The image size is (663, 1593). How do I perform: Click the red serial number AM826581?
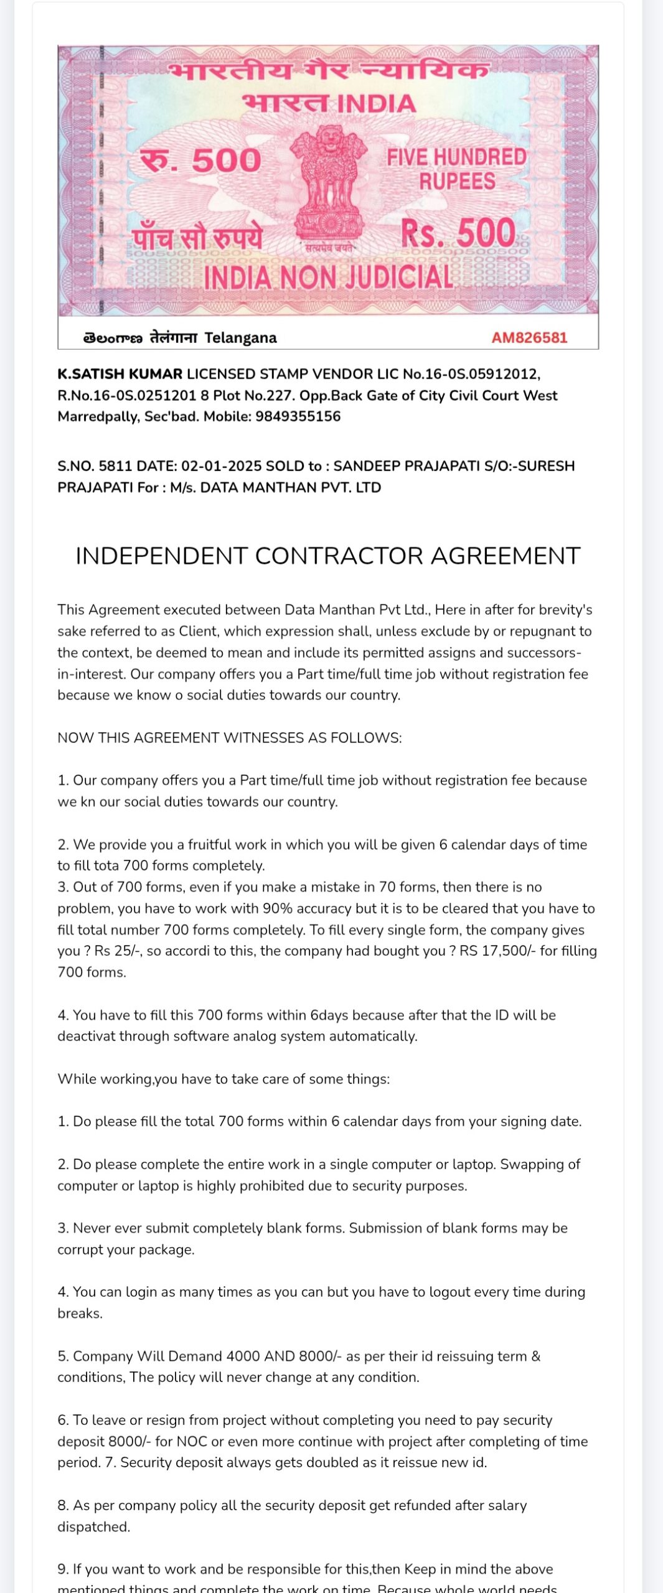tap(529, 338)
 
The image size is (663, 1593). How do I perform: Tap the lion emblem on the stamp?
tap(329, 180)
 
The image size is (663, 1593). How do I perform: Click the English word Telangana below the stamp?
tap(240, 338)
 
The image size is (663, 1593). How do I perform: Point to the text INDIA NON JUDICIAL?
tap(328, 278)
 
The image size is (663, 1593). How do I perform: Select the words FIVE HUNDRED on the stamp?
tap(456, 157)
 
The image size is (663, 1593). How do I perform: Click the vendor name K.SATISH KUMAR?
tap(120, 374)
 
